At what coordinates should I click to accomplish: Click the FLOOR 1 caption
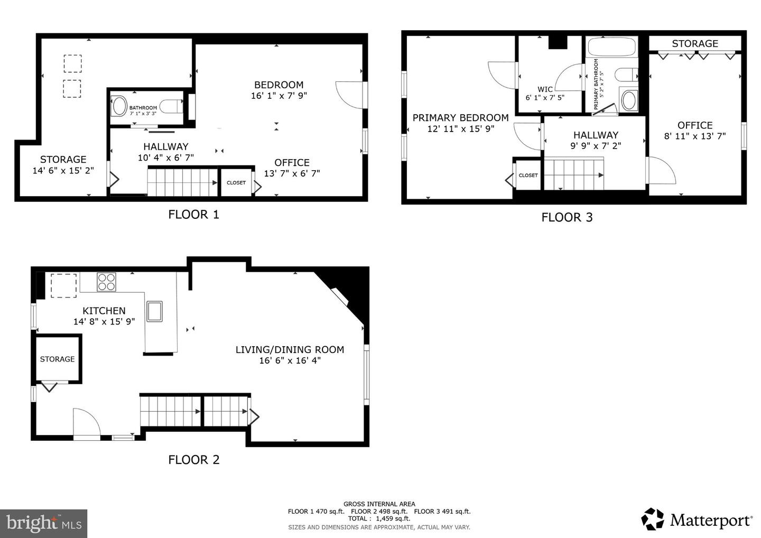[x=193, y=215]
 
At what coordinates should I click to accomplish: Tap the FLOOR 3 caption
[x=567, y=217]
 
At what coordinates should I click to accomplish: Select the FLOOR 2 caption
[x=193, y=460]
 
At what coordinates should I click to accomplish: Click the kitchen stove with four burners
[x=106, y=282]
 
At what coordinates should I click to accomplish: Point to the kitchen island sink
[x=154, y=311]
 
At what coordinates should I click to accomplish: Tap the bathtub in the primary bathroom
[x=611, y=47]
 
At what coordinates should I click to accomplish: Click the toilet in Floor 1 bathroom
[x=171, y=106]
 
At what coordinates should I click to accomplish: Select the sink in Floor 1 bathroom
[x=119, y=106]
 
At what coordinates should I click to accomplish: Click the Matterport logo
[x=697, y=520]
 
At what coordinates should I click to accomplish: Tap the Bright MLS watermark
[x=43, y=523]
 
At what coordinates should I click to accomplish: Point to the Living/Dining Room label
[x=290, y=349]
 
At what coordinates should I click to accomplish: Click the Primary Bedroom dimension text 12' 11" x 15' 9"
[x=461, y=129]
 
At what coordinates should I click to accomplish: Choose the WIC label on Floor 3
[x=545, y=89]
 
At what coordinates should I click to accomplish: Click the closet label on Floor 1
[x=236, y=183]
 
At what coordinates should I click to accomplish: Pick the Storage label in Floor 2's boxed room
[x=57, y=359]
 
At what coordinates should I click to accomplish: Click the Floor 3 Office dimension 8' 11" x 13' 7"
[x=695, y=136]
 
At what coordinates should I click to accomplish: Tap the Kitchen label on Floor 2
[x=104, y=311]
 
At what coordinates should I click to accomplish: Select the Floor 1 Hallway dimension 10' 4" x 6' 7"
[x=166, y=157]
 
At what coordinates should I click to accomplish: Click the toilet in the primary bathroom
[x=626, y=75]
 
